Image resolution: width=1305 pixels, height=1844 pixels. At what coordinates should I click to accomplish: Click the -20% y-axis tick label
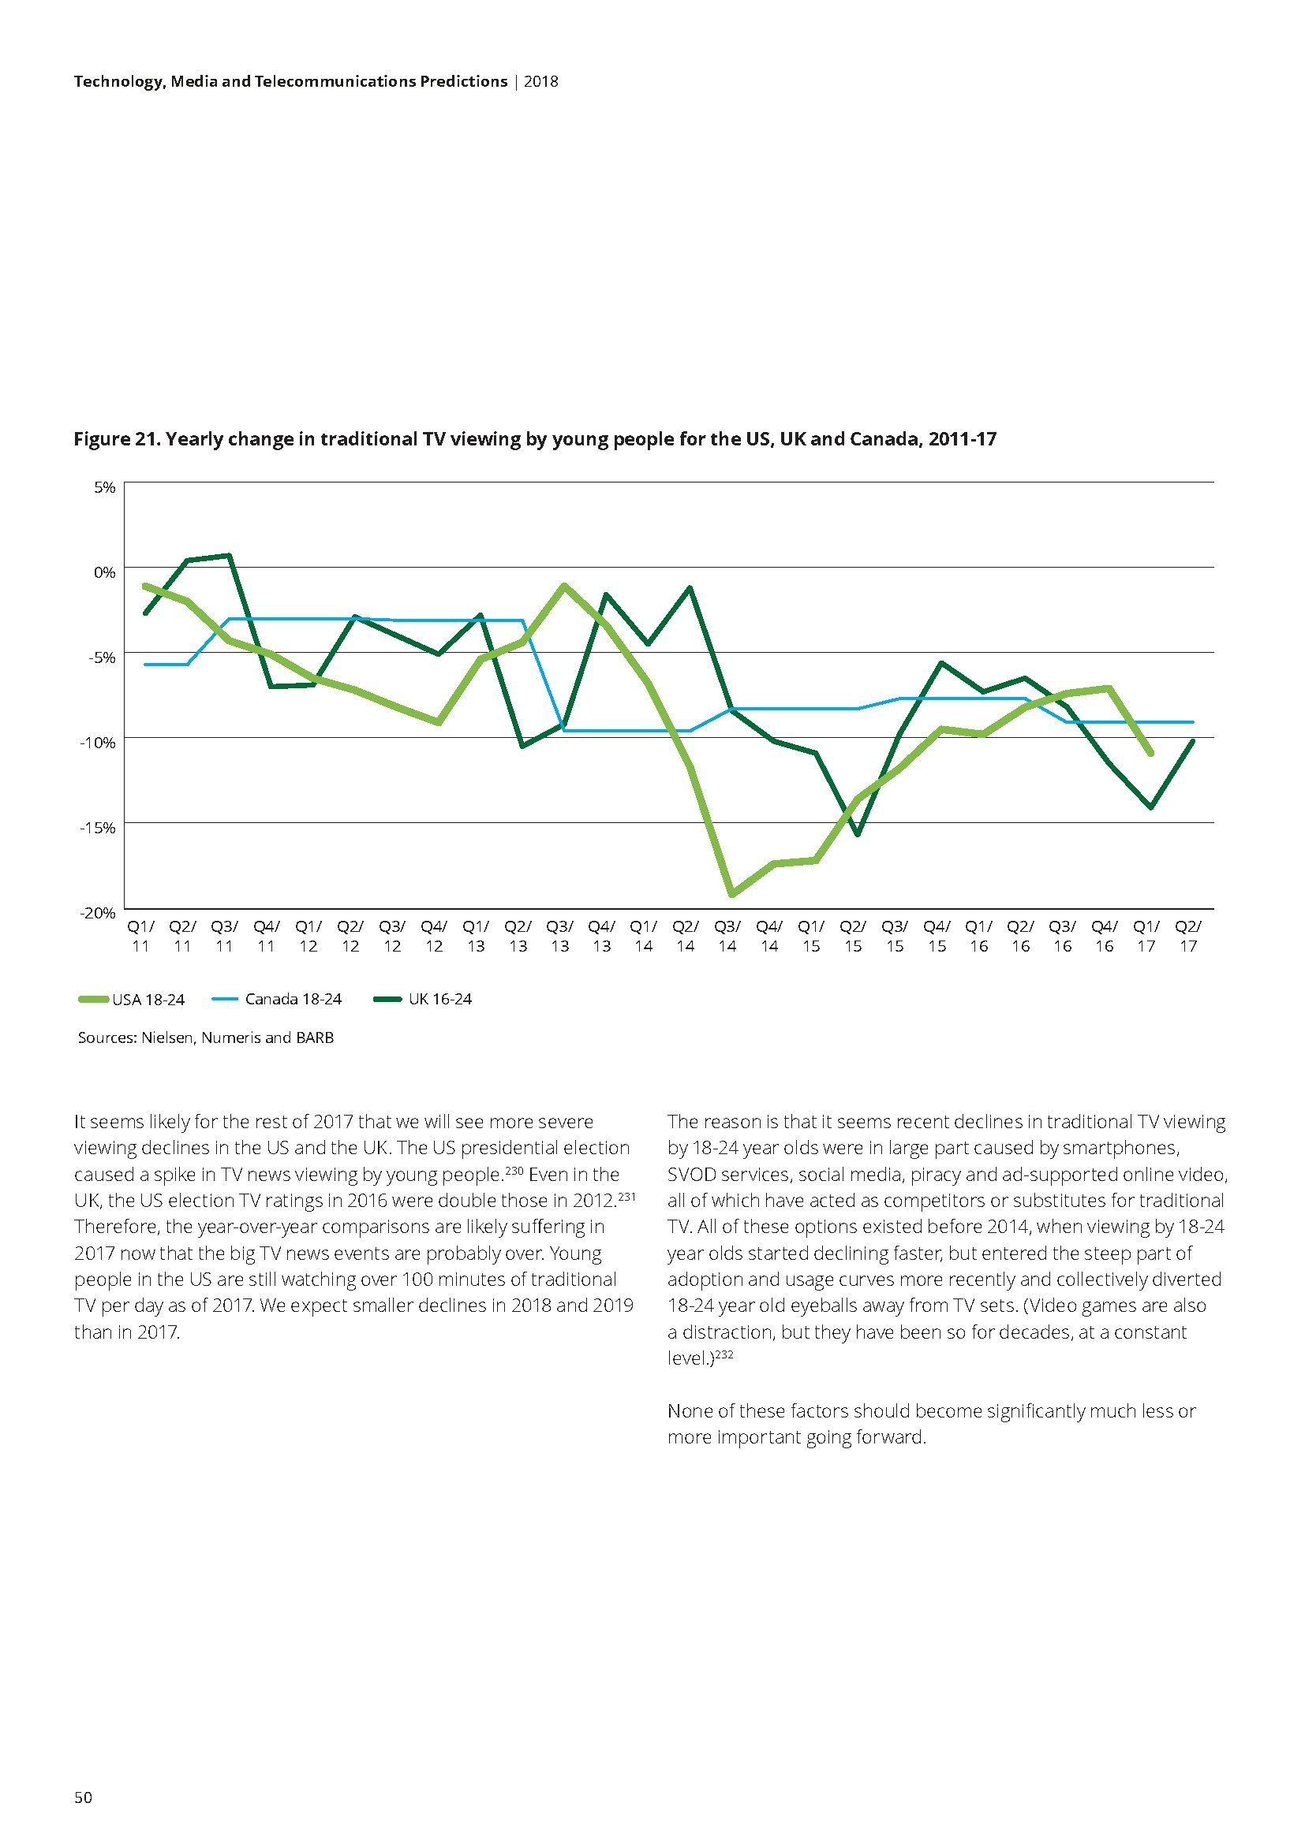pos(98,913)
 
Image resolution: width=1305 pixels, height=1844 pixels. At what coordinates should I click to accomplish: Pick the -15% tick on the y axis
pos(98,827)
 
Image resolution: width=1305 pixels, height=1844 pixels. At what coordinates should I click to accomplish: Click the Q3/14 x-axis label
pos(727,936)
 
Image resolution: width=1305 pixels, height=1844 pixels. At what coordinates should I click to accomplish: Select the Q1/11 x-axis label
pos(140,936)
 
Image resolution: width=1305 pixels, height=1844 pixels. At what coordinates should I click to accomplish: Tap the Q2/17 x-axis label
pos(1188,936)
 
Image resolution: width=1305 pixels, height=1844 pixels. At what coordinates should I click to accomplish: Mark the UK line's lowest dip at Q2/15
pos(858,834)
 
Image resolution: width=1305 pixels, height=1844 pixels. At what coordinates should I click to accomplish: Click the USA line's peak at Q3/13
pos(564,586)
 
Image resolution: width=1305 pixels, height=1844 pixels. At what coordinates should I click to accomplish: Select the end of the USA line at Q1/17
pos(1150,754)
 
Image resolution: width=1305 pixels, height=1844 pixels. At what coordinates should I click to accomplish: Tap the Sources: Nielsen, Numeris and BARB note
pos(206,1037)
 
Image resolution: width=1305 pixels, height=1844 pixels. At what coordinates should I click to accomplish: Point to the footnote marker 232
pos(725,1355)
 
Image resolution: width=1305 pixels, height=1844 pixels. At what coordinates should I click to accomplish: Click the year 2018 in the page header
pos(540,81)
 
